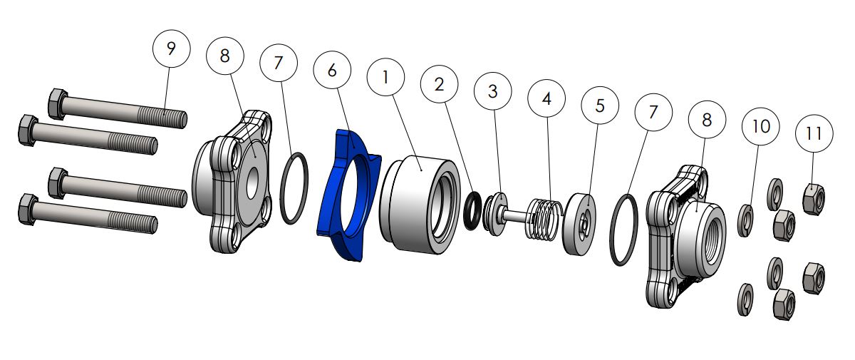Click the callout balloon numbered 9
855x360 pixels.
coord(171,49)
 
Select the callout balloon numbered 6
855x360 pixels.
coord(332,72)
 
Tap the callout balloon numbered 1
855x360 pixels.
coord(385,77)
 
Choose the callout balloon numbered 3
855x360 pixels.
coord(493,91)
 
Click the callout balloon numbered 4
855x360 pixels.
coord(546,99)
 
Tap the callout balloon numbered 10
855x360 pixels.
coord(761,126)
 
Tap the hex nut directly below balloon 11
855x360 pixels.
coord(813,199)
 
